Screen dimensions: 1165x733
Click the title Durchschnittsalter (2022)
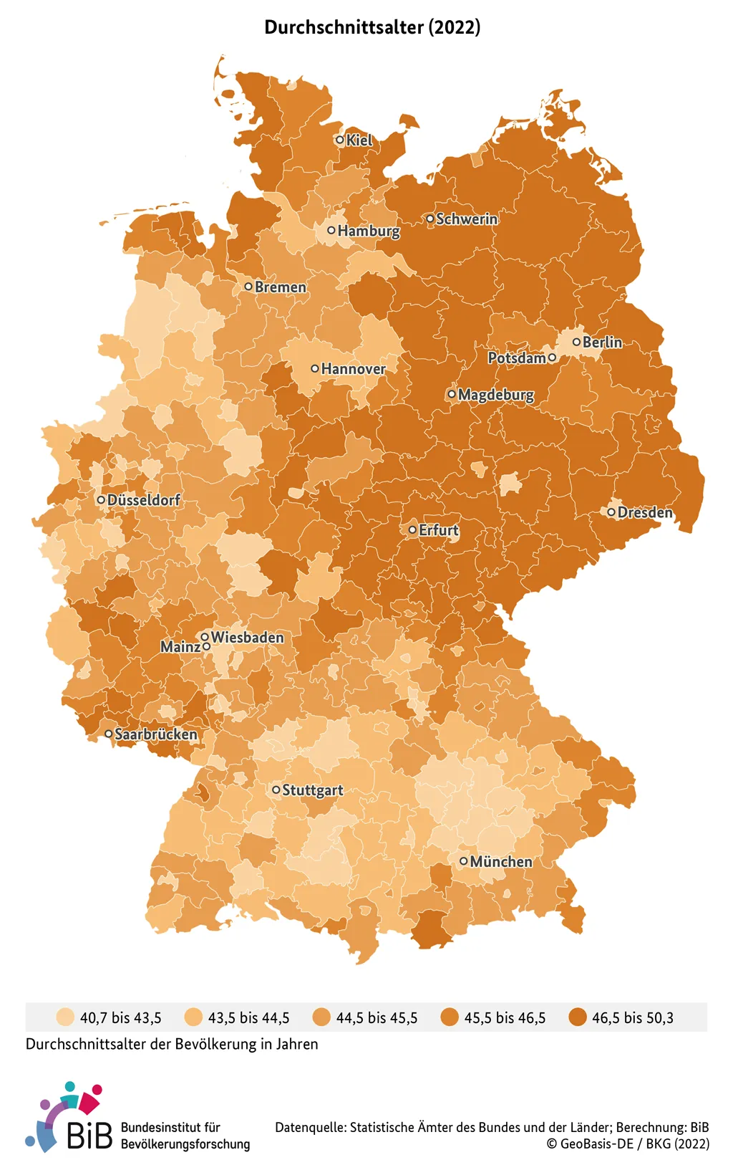(372, 27)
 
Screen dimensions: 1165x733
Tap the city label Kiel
(359, 140)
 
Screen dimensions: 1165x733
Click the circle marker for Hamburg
(331, 230)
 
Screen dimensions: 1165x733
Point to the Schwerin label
(467, 219)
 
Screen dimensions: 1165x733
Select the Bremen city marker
(248, 287)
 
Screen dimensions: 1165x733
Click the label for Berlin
(602, 342)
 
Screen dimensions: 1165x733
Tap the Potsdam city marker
(552, 357)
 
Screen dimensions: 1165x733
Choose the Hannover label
(353, 369)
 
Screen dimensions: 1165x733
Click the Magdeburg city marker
(452, 394)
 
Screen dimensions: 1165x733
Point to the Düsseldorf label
(143, 500)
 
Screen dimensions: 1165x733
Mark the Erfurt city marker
(412, 530)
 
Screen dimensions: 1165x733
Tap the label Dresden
(644, 512)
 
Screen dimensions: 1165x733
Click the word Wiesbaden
(247, 637)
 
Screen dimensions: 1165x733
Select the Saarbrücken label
(155, 734)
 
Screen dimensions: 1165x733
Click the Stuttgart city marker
(276, 790)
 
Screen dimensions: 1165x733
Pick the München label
(501, 862)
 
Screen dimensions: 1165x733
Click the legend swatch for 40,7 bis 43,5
(65, 1017)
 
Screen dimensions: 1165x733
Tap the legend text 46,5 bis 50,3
(632, 1018)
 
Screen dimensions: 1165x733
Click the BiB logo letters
(89, 1136)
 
